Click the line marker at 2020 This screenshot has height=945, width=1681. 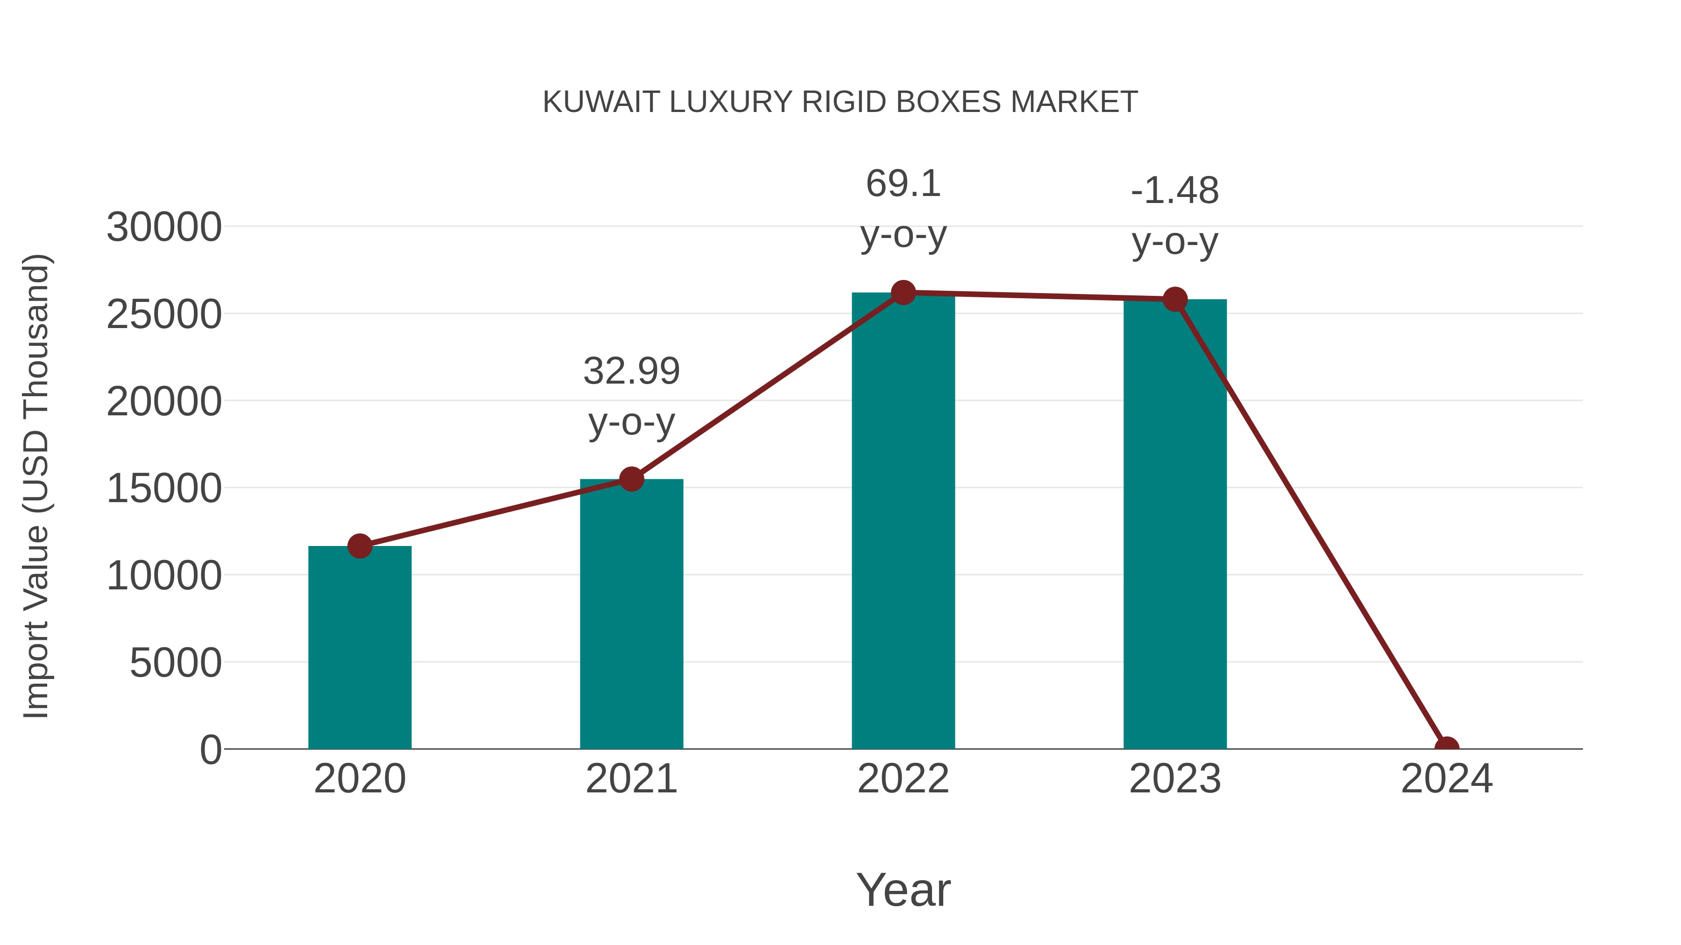click(360, 546)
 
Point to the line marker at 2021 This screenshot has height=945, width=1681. click(631, 479)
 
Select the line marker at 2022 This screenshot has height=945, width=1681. click(903, 293)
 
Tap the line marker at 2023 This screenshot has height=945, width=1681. click(1175, 299)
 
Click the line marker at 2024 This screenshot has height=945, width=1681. click(1447, 748)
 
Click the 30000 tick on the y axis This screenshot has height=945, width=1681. click(164, 228)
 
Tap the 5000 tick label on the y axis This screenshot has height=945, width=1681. click(176, 663)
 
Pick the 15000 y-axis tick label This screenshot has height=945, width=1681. click(164, 489)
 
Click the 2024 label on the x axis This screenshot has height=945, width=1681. click(1447, 779)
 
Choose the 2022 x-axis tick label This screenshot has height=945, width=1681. click(903, 779)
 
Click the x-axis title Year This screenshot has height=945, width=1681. click(903, 889)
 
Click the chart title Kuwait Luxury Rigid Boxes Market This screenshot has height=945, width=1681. click(840, 102)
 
